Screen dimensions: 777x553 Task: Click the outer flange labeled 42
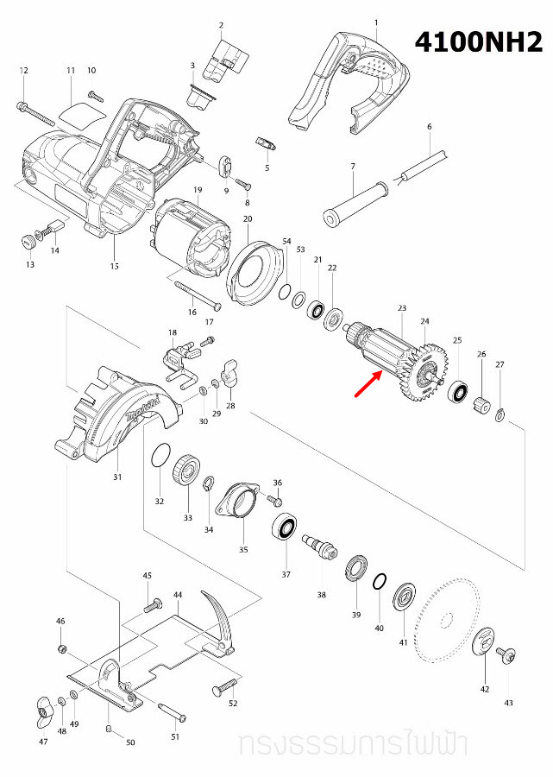tap(484, 641)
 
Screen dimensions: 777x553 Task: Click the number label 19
tap(197, 189)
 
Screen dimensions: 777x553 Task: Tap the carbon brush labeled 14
tap(50, 231)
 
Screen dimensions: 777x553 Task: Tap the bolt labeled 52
tap(223, 687)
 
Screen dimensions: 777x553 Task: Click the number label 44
tap(177, 596)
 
